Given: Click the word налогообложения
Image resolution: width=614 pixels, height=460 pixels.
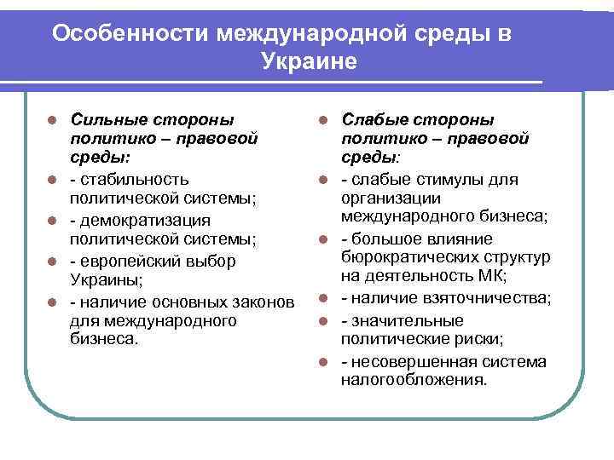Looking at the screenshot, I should tap(414, 380).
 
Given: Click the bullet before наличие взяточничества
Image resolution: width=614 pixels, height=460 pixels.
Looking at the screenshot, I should tap(324, 299).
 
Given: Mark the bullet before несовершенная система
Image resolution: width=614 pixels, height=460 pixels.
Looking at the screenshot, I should tap(324, 362).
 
